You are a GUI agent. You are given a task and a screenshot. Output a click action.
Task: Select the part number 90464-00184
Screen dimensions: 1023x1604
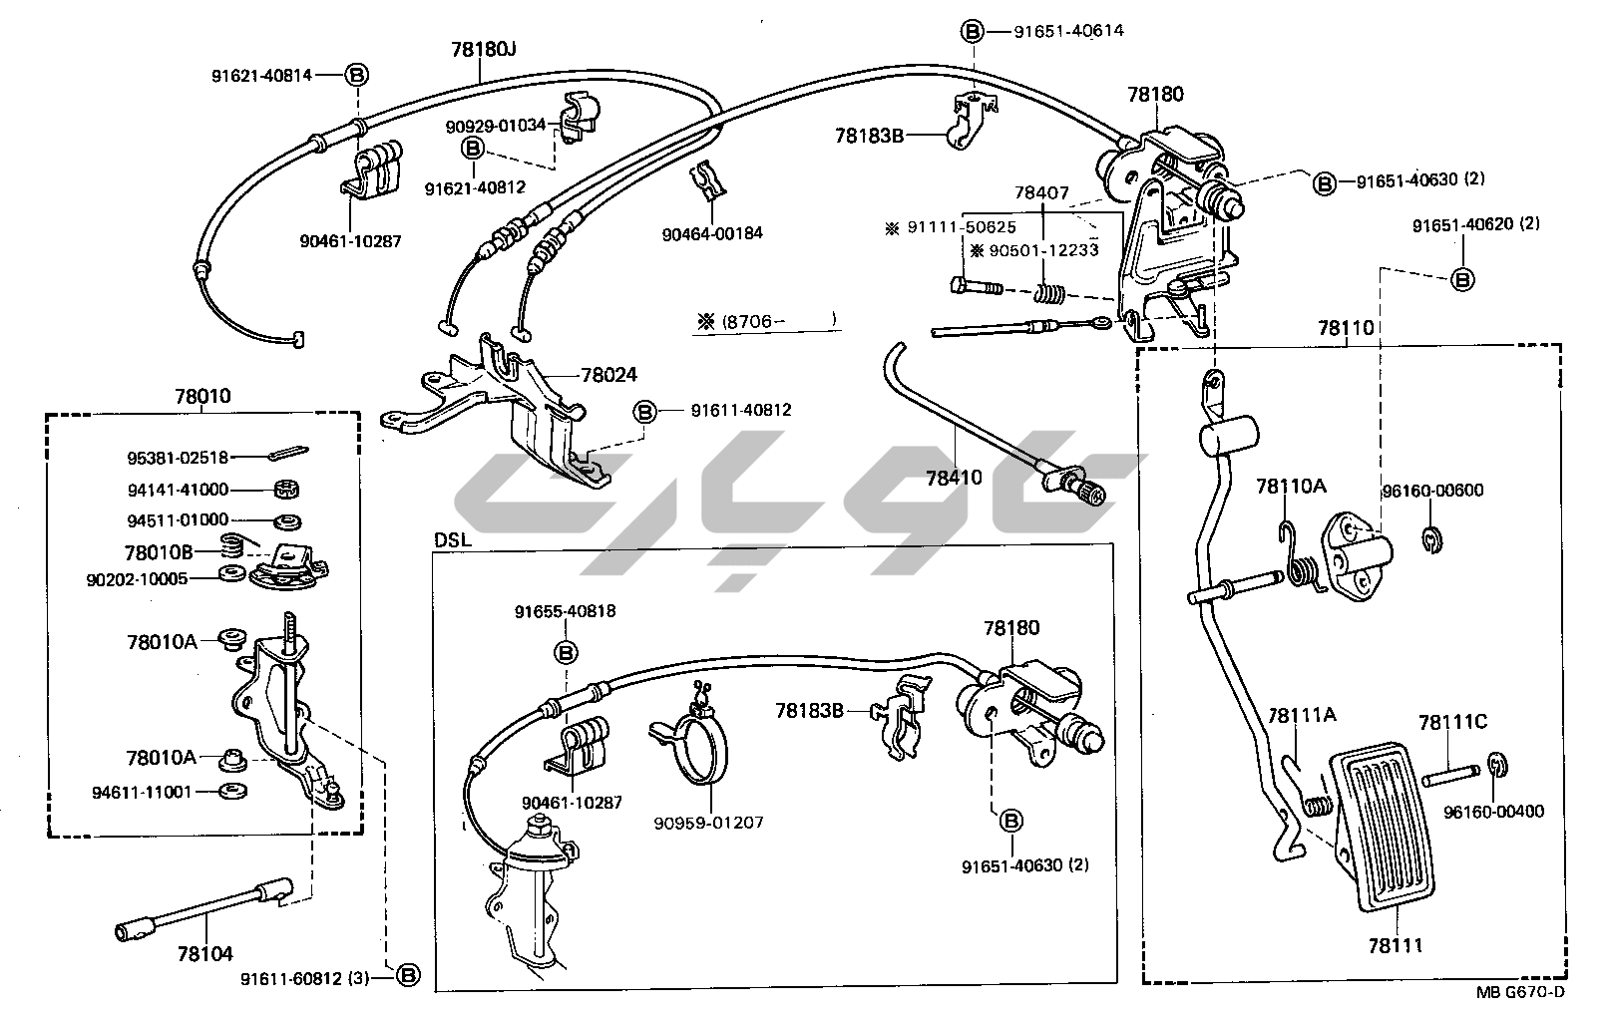pyautogui.click(x=711, y=233)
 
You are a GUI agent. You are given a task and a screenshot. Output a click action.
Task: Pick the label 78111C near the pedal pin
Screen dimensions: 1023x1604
pyautogui.click(x=1452, y=722)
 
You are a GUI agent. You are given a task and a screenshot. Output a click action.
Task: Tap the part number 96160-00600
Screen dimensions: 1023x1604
pyautogui.click(x=1432, y=490)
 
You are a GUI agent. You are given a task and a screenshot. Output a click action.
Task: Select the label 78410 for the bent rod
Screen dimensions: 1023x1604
pyautogui.click(x=954, y=477)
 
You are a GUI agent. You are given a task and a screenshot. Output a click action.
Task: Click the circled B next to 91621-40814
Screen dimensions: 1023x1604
pyautogui.click(x=357, y=75)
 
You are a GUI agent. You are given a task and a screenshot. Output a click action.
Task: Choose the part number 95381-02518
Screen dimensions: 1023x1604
pyautogui.click(x=178, y=458)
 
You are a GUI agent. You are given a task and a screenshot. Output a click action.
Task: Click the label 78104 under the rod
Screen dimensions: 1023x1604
pyautogui.click(x=204, y=954)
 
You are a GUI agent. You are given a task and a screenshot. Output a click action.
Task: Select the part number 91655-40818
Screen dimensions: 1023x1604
pyautogui.click(x=566, y=611)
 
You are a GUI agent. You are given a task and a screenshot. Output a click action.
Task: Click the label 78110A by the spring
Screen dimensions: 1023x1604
pyautogui.click(x=1291, y=487)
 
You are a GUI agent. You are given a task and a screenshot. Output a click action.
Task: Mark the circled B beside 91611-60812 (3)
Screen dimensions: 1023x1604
pyautogui.click(x=408, y=977)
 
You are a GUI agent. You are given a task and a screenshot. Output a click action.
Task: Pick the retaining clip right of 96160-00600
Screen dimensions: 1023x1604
pyautogui.click(x=1431, y=539)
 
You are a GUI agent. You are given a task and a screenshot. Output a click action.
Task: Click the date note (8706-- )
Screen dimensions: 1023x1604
pyautogui.click(x=766, y=322)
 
